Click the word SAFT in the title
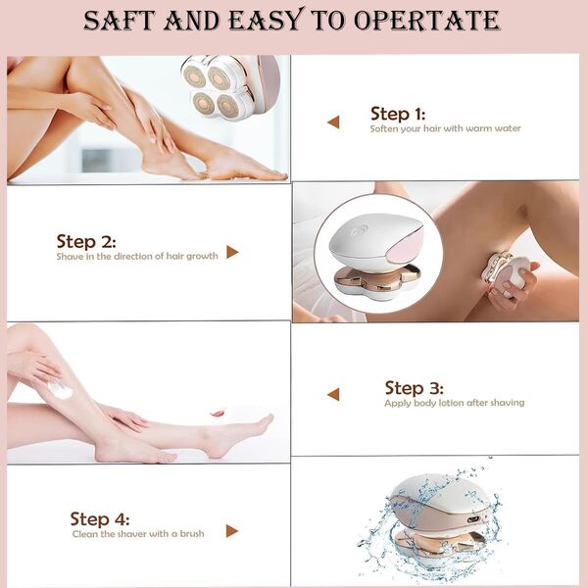tap(122, 20)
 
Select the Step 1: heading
tap(398, 113)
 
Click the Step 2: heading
tap(86, 241)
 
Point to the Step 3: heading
tap(414, 388)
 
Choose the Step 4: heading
tap(100, 519)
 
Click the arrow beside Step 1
tap(333, 122)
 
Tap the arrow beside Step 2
tap(232, 252)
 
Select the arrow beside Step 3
tap(333, 394)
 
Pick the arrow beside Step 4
tap(232, 531)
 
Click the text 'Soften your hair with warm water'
tap(445, 128)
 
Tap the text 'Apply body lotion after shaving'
tap(454, 403)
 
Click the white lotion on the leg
tap(61, 389)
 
